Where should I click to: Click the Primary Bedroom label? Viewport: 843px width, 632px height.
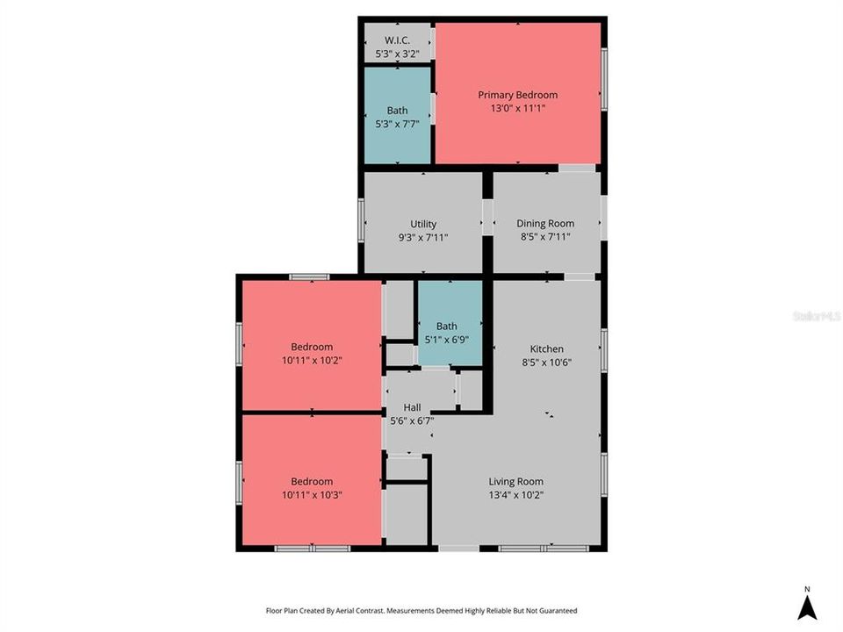click(517, 95)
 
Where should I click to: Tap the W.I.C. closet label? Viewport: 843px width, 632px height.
click(397, 40)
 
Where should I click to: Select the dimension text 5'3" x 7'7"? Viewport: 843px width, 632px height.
click(397, 124)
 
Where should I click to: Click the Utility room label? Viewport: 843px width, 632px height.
click(423, 224)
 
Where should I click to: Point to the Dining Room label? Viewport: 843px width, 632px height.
click(545, 224)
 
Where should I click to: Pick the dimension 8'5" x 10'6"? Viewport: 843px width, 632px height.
click(546, 362)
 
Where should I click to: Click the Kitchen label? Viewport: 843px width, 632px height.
click(546, 348)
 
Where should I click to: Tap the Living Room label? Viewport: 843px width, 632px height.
click(515, 481)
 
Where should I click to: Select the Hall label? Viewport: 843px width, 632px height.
click(412, 407)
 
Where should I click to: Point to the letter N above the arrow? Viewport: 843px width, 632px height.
click(806, 589)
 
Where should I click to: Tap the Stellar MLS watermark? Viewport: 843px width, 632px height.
click(816, 315)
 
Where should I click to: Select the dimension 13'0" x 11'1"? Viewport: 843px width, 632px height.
click(517, 108)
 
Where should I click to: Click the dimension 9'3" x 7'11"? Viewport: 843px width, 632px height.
click(423, 236)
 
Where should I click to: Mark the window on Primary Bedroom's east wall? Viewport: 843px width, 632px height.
click(604, 79)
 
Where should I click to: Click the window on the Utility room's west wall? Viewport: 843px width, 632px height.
click(361, 220)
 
